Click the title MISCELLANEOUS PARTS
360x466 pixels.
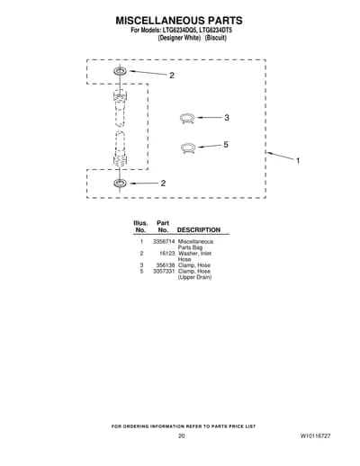[179, 21]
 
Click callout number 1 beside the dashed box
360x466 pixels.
[298, 161]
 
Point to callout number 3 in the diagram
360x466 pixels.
[227, 118]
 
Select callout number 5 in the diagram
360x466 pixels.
[226, 145]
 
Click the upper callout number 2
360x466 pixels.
[172, 76]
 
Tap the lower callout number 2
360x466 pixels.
[163, 183]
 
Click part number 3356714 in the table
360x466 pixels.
[164, 241]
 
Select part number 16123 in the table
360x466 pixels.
[166, 254]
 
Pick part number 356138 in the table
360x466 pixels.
[166, 265]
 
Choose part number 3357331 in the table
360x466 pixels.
[164, 271]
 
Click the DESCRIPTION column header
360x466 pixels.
[199, 230]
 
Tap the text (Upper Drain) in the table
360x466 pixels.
[194, 277]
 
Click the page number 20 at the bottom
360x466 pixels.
[182, 435]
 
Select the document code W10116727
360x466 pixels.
[315, 435]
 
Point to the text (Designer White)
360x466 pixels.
[179, 38]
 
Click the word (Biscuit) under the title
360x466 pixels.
[215, 38]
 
